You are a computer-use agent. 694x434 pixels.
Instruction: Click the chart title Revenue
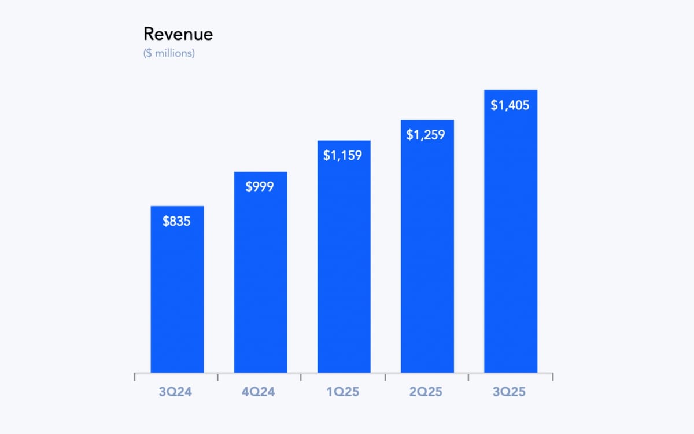[178, 34]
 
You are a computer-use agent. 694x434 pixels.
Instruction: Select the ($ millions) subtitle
[169, 53]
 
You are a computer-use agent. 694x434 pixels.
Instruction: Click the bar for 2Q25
[427, 255]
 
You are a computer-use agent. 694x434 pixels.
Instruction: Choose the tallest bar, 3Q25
[510, 243]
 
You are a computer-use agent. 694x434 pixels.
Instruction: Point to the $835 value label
[176, 221]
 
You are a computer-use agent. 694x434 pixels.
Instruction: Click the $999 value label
[260, 187]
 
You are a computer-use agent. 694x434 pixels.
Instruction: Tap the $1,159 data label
[343, 155]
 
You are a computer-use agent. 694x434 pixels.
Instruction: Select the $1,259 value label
[426, 135]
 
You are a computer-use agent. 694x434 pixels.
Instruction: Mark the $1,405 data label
[510, 105]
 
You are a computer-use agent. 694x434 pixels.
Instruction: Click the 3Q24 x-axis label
[176, 392]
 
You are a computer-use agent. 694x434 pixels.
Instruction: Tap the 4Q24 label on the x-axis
[260, 392]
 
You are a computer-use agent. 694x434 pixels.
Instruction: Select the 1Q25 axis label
[343, 392]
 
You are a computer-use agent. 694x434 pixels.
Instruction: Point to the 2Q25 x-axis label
[426, 392]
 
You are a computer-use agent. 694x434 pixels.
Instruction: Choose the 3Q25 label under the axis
[510, 392]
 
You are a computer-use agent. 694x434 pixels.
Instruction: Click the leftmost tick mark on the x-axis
[135, 377]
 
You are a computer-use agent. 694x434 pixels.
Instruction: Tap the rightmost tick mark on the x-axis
[553, 377]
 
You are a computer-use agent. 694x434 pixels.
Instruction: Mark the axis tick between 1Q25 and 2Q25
[385, 377]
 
